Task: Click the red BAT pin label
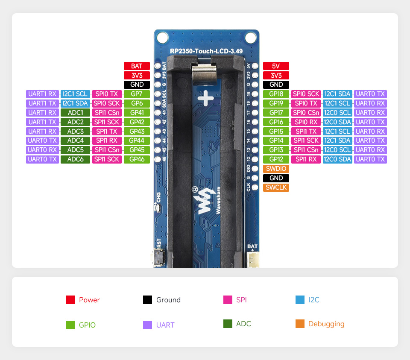(x=137, y=66)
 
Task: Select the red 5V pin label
(x=276, y=66)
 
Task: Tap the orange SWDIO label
(x=276, y=169)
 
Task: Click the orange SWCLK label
(x=276, y=187)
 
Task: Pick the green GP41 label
(x=137, y=113)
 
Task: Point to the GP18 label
(x=276, y=94)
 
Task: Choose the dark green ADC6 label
(x=75, y=159)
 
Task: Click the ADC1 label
(x=75, y=113)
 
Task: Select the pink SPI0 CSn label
(x=306, y=113)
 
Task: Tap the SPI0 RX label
(x=306, y=122)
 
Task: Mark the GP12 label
(x=276, y=159)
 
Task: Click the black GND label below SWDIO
(x=276, y=178)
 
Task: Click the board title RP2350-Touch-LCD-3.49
(x=206, y=51)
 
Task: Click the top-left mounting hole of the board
(x=162, y=37)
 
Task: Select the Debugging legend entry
(x=320, y=324)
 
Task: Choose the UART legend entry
(x=159, y=325)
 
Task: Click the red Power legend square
(x=70, y=300)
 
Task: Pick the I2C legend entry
(x=307, y=300)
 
